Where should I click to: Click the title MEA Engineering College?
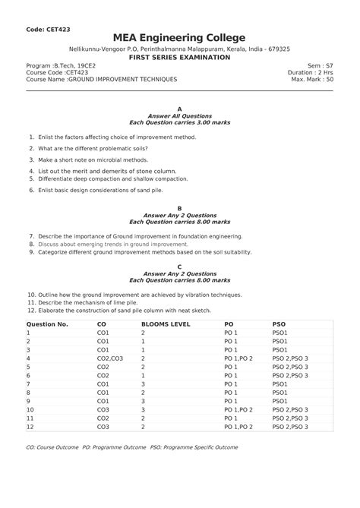[x=180, y=38]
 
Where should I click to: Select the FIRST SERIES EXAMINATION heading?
[x=180, y=58]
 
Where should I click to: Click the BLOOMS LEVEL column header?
[x=166, y=324]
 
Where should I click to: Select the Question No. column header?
[x=48, y=324]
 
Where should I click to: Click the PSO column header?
[x=279, y=324]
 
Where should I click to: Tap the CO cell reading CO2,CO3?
[x=110, y=358]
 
